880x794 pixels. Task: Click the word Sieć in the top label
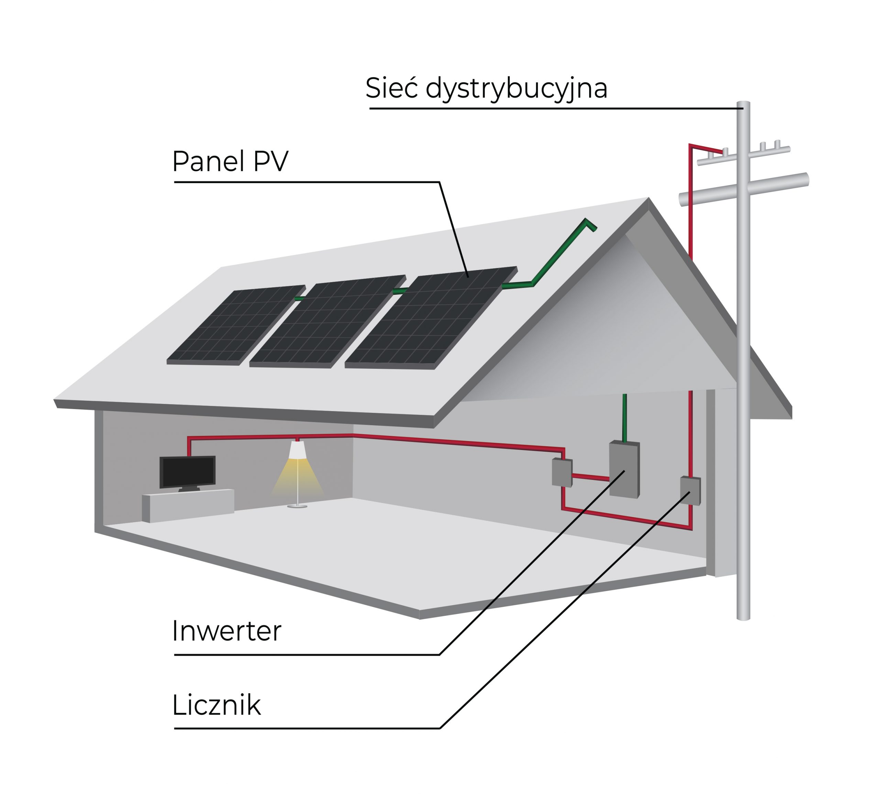pyautogui.click(x=391, y=88)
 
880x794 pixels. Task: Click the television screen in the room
pyautogui.click(x=187, y=471)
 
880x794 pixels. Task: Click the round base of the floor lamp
pyautogui.click(x=297, y=506)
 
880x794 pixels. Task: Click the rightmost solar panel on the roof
pyautogui.click(x=431, y=318)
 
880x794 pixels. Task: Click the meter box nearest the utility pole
pyautogui.click(x=690, y=491)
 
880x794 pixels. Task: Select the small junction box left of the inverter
pyautogui.click(x=562, y=472)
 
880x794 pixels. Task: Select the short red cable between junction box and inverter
pyautogui.click(x=590, y=477)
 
